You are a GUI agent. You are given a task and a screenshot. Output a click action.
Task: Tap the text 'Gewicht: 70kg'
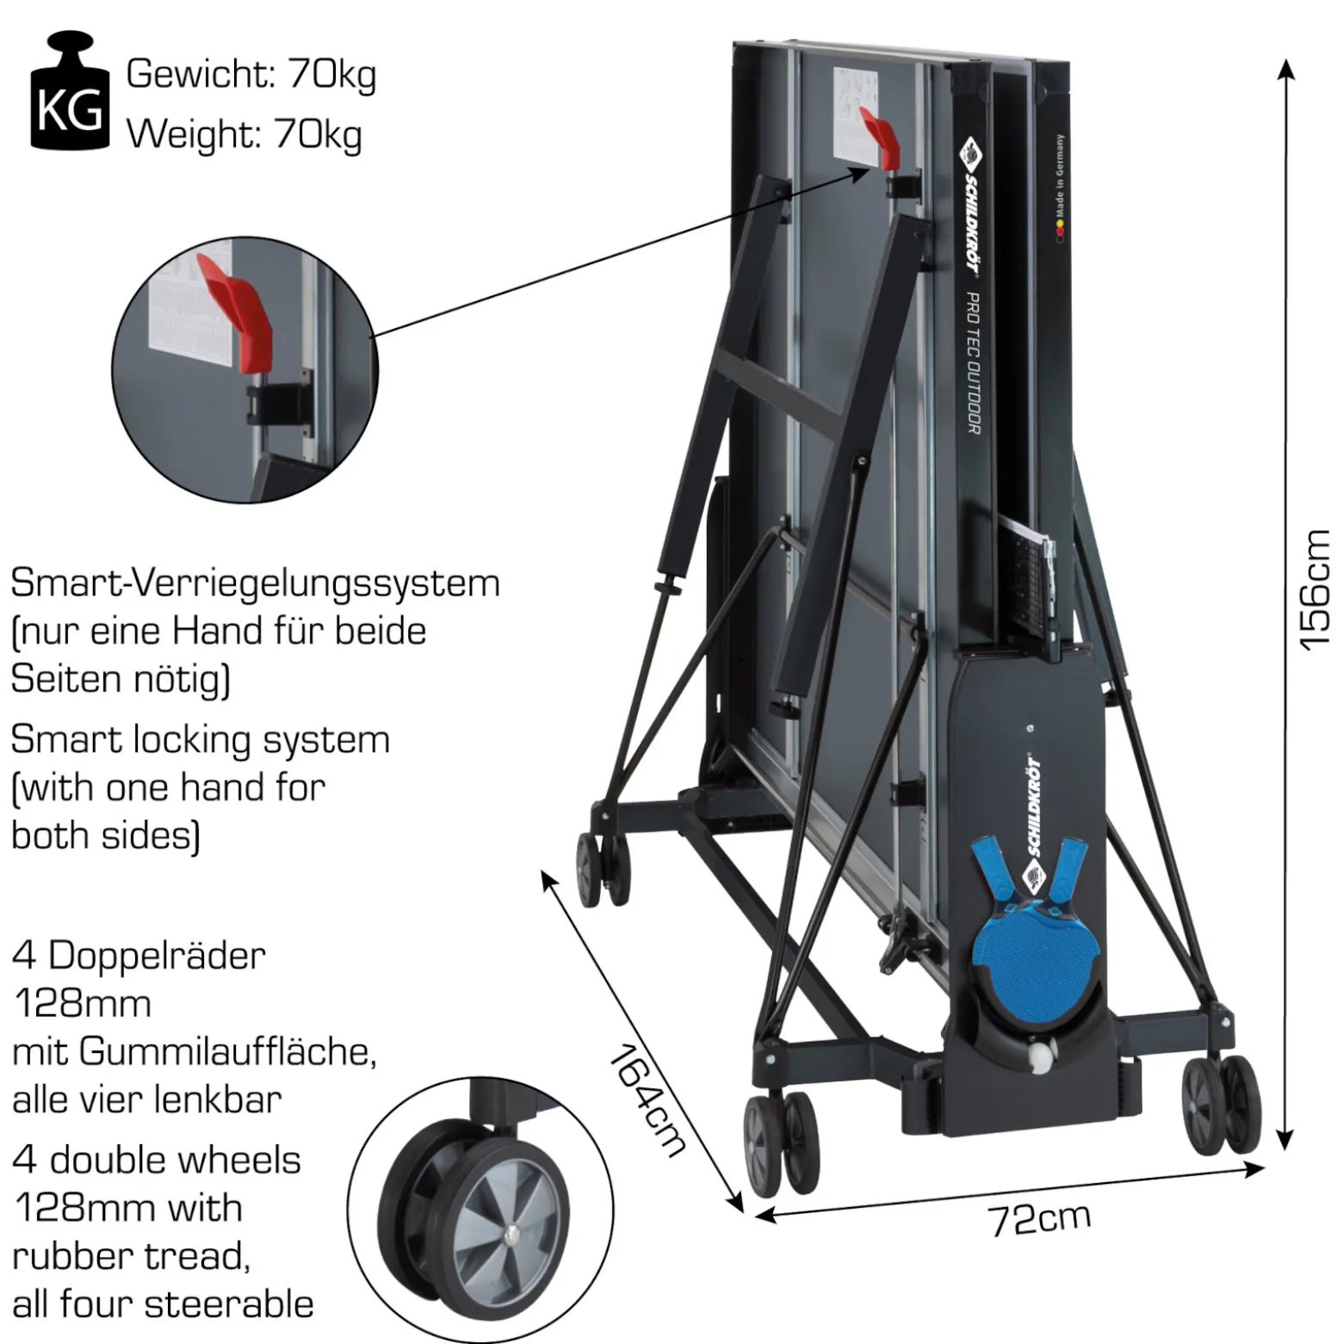pyautogui.click(x=251, y=74)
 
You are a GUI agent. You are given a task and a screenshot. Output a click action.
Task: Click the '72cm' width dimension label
pyautogui.click(x=1039, y=1218)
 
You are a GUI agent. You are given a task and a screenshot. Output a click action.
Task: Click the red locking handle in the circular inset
pyautogui.click(x=237, y=312)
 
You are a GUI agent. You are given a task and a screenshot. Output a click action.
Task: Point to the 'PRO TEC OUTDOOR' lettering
pyautogui.click(x=973, y=362)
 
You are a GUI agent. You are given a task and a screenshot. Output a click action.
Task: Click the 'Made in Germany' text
pyautogui.click(x=1061, y=177)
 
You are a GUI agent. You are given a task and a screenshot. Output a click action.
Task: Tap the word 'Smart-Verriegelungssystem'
pyautogui.click(x=255, y=584)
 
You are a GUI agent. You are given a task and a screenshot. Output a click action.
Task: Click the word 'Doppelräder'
pyautogui.click(x=157, y=956)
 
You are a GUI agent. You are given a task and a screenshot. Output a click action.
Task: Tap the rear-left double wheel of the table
pyautogui.click(x=603, y=870)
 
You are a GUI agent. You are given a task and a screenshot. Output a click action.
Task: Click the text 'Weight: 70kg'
pyautogui.click(x=244, y=135)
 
